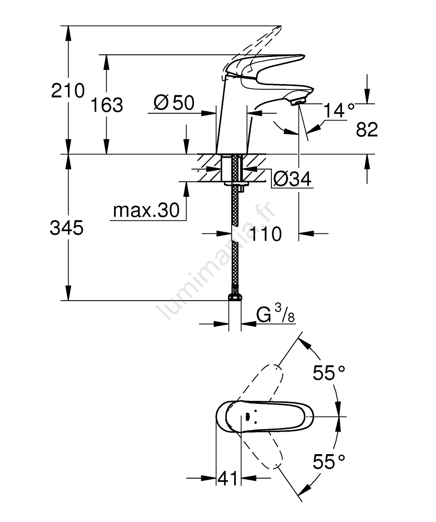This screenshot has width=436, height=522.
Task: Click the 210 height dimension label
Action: (x=67, y=91)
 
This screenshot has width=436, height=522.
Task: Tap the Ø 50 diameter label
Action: (x=174, y=103)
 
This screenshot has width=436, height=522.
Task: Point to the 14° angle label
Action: (x=338, y=111)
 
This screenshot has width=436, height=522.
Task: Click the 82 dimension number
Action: (x=366, y=130)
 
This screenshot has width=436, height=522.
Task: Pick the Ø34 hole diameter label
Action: (x=292, y=180)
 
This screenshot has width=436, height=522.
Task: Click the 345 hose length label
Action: (x=66, y=228)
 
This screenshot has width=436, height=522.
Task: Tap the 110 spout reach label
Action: (x=265, y=233)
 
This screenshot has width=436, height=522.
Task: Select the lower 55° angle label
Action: (x=329, y=461)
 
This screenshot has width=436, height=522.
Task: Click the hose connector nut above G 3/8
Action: (x=235, y=298)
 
